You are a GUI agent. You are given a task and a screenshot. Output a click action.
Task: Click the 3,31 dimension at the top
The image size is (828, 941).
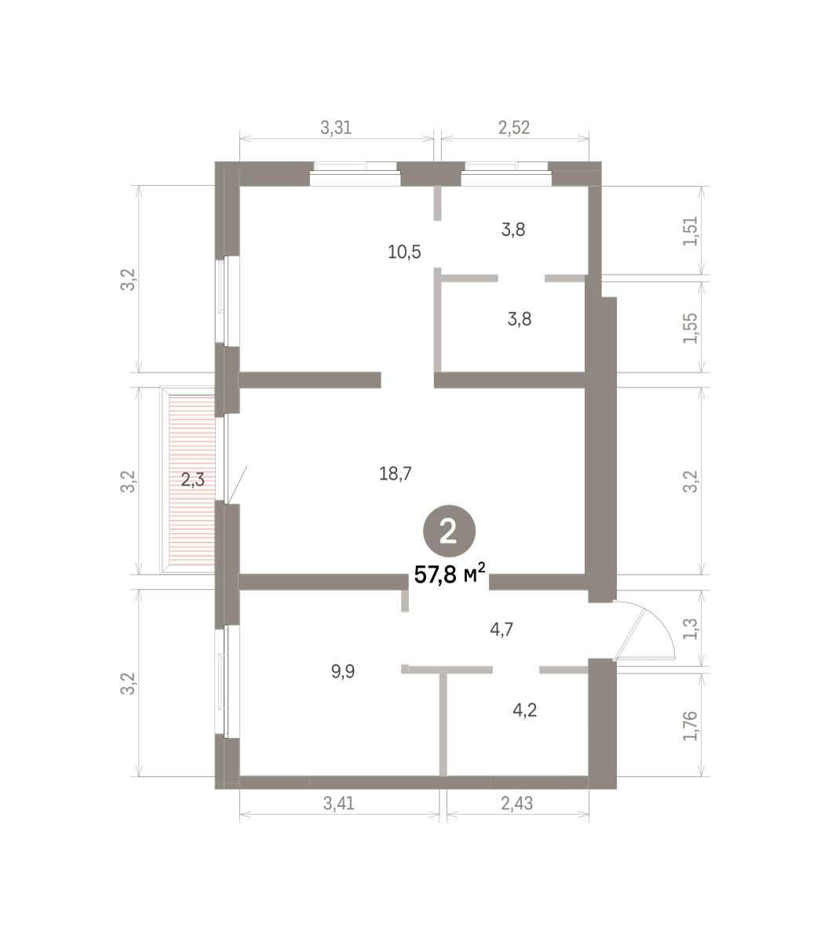336,127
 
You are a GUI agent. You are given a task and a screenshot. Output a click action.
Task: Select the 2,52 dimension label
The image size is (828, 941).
514,127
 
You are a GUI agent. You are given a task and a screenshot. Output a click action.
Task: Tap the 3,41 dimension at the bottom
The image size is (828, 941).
338,803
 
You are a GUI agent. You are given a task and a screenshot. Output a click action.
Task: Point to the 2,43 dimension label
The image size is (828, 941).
516,803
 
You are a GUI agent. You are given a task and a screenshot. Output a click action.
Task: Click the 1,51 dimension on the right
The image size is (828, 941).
691,231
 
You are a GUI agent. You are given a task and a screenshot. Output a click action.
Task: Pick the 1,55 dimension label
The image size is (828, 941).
691,328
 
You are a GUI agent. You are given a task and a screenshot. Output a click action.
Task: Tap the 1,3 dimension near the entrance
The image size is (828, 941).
691,628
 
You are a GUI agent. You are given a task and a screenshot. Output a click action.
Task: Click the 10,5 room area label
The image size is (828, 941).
404,252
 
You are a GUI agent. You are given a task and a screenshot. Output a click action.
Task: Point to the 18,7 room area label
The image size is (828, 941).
396,474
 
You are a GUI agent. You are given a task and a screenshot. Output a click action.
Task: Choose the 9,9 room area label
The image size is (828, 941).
343,671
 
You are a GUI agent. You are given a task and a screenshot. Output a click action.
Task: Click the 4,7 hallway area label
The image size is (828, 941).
502,630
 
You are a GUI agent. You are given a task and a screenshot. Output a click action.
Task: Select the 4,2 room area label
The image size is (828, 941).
525,710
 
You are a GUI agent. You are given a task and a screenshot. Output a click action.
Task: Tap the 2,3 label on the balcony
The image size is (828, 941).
192,479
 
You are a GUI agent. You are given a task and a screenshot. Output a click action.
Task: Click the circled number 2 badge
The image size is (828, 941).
449,531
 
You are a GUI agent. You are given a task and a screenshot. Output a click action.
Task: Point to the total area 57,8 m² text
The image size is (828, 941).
450,575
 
